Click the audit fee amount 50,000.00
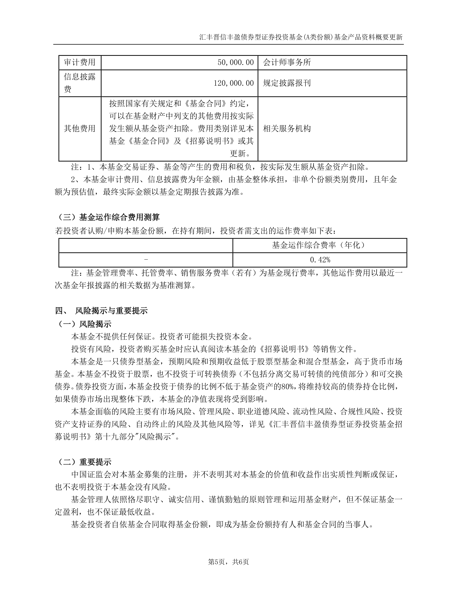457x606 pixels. coord(235,62)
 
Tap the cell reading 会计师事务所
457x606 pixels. coord(287,62)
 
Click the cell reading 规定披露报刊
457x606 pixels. coord(287,83)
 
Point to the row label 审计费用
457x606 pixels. coord(80,62)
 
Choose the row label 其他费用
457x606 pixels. coord(80,129)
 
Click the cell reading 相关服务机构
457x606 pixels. coord(287,129)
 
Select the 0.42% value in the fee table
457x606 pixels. coord(320,260)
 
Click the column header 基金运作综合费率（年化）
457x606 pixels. coord(320,245)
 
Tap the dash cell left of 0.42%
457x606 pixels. coord(146,259)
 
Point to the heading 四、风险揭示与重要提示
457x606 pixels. coord(102,311)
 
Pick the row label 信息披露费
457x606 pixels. coord(80,83)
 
